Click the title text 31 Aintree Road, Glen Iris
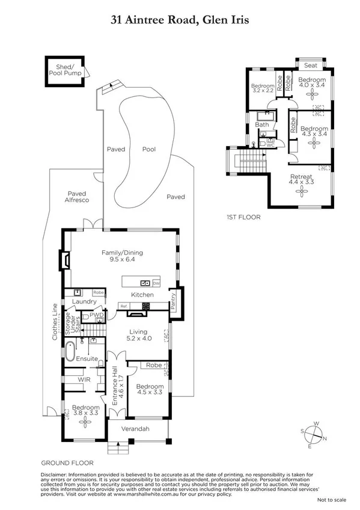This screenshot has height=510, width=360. tap(180, 20)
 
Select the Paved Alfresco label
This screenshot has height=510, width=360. tap(78, 196)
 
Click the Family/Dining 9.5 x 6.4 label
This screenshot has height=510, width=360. tap(122, 257)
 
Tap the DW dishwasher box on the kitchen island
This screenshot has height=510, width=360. tap(156, 283)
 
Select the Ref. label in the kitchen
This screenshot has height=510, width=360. tap(124, 306)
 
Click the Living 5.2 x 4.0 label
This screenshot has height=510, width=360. tap(139, 334)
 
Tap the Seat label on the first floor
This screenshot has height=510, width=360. tap(311, 65)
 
